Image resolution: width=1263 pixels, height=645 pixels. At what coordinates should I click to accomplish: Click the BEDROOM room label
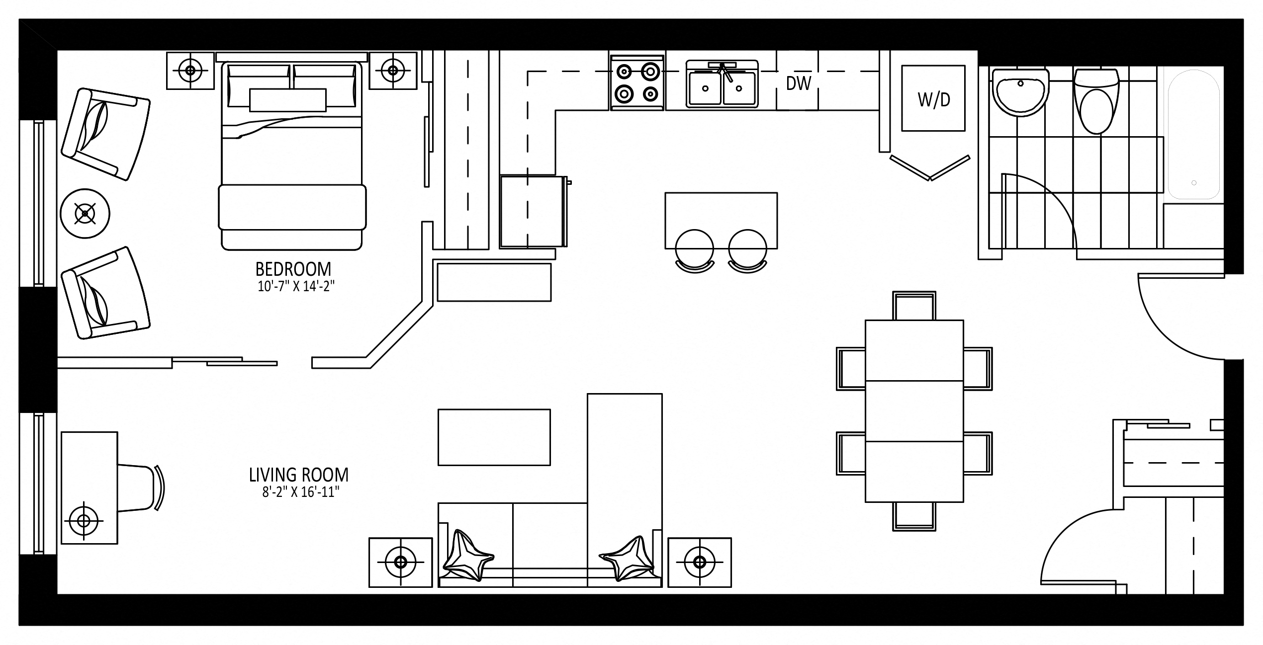pos(293,269)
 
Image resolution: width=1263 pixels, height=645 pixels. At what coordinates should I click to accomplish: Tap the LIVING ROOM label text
pos(299,475)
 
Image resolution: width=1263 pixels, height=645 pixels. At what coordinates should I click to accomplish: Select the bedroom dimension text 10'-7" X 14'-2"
pos(293,287)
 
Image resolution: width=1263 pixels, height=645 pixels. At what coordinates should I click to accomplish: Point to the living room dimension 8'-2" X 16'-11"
pos(301,492)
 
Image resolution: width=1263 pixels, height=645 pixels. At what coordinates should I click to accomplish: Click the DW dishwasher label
pos(799,83)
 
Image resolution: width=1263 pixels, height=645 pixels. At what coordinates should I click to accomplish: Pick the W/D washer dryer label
pos(934,100)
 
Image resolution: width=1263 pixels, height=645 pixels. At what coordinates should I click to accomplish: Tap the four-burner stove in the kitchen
pos(637,82)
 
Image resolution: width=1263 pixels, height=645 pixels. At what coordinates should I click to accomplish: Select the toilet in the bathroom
pos(1096,101)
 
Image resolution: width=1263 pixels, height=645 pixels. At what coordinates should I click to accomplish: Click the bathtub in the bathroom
pos(1193,134)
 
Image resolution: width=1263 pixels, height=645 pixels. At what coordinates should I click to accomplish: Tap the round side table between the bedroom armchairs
pos(85,214)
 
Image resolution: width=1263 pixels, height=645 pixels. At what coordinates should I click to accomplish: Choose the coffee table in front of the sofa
pos(494,437)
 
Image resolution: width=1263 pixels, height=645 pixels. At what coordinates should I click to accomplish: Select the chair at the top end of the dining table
pos(914,306)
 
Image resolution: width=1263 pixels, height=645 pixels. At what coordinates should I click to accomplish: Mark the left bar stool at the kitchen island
pos(695,251)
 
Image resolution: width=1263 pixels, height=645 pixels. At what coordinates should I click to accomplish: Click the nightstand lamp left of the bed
pos(190,70)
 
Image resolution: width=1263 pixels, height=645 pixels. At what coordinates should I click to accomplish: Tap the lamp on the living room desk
pos(84,521)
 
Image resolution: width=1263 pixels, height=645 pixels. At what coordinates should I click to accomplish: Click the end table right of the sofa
pos(700,562)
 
